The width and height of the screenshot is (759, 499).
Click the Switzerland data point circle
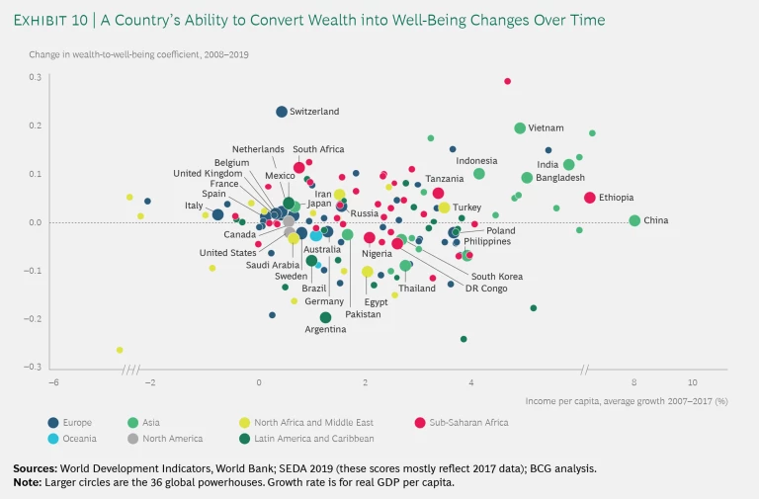pos(282,112)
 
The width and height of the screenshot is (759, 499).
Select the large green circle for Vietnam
pos(520,128)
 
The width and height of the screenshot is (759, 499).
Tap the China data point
pos(634,220)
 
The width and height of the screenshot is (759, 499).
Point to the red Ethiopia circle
pos(590,198)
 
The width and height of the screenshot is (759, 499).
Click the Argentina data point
pos(325,317)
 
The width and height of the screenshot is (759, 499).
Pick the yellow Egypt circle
pos(368,272)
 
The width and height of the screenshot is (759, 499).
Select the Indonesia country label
pos(476,161)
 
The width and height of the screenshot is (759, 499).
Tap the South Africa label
pos(318,149)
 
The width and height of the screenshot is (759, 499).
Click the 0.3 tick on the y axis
pos(35,77)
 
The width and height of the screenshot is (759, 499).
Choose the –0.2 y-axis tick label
pos(33,318)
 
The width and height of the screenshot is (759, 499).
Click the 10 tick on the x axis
pos(693,382)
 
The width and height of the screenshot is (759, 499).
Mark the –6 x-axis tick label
pos(55,382)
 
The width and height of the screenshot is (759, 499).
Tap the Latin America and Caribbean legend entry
pos(315,438)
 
